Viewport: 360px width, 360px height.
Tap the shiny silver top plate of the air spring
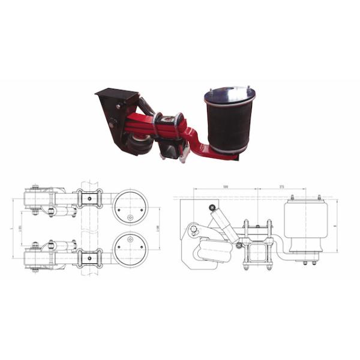(x=230, y=95)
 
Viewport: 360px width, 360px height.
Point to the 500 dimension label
(x=225, y=187)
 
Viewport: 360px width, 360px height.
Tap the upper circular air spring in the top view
(x=130, y=206)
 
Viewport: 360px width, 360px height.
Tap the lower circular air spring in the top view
(x=130, y=249)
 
